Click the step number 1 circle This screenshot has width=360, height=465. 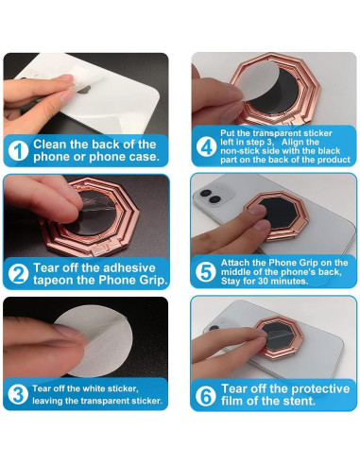[x=17, y=149]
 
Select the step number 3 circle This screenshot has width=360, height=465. [x=17, y=395]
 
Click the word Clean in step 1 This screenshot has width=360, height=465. [x=54, y=143]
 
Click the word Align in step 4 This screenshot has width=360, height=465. [x=314, y=141]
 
